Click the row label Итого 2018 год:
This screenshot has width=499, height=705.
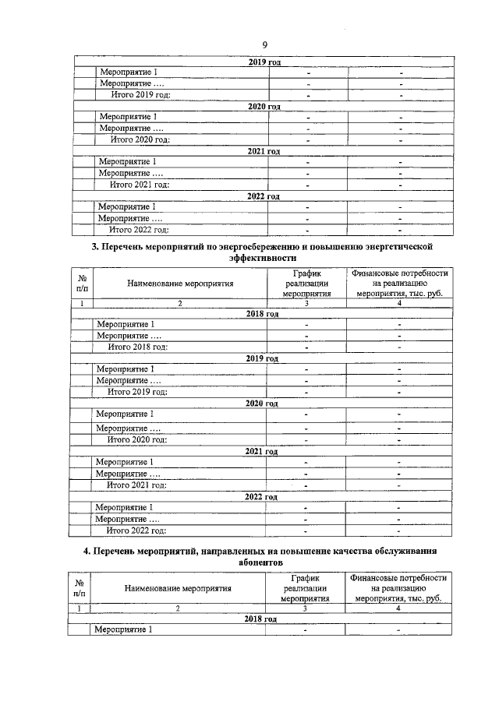[138, 347]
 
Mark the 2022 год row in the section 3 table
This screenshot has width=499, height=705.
[261, 496]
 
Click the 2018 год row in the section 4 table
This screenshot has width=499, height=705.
[261, 619]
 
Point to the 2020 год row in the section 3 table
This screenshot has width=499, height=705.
[261, 404]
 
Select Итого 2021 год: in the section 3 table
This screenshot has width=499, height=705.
[137, 485]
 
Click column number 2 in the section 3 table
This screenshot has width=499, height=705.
[179, 304]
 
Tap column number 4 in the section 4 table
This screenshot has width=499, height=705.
[398, 608]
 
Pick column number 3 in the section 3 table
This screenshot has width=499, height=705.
[306, 304]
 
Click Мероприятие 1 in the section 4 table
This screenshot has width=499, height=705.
[122, 629]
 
